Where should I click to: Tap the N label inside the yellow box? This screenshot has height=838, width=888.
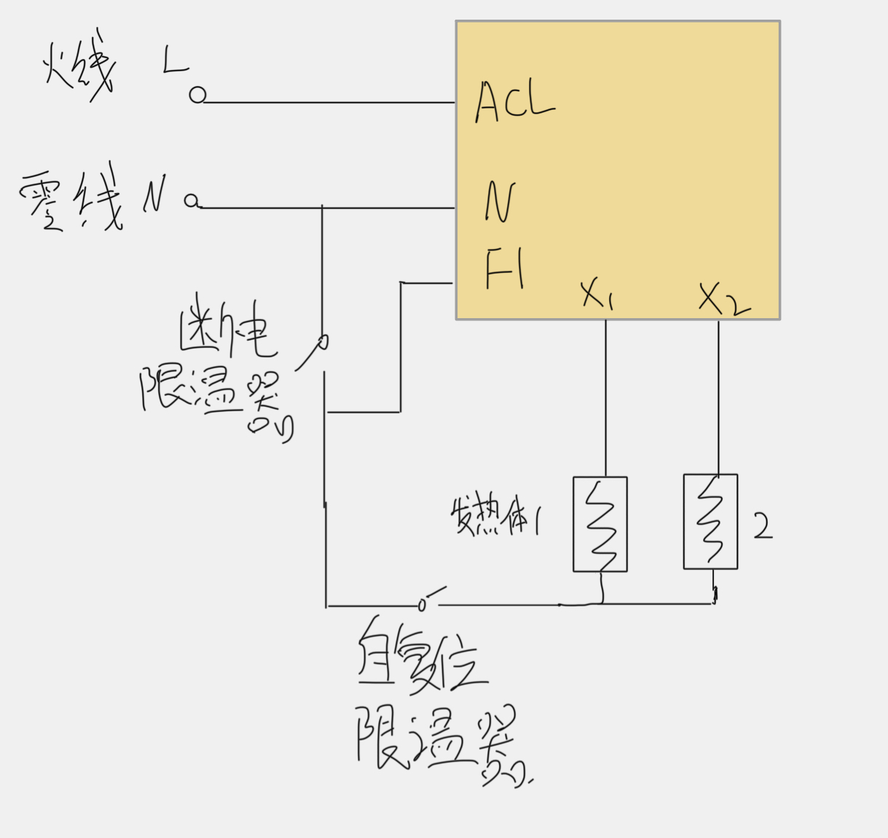coord(500,202)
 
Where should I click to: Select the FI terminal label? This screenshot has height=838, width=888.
coord(505,268)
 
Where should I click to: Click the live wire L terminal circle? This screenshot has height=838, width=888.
coord(197,95)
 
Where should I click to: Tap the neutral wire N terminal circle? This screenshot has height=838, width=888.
coord(192,201)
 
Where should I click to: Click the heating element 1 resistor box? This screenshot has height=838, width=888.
coord(600,524)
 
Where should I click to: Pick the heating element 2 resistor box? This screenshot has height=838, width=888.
coord(710,521)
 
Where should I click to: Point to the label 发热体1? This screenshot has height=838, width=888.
coord(495,517)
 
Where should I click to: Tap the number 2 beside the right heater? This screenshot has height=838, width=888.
coord(762,526)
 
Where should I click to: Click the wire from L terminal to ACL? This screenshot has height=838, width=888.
coord(328,103)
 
